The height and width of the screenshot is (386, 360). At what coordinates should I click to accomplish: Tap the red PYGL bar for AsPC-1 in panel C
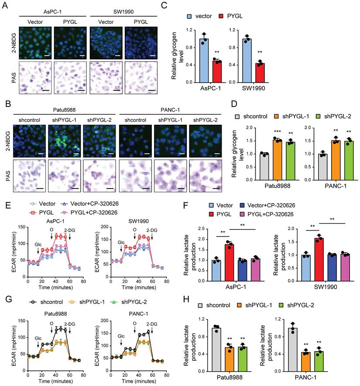[x=216, y=72]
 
